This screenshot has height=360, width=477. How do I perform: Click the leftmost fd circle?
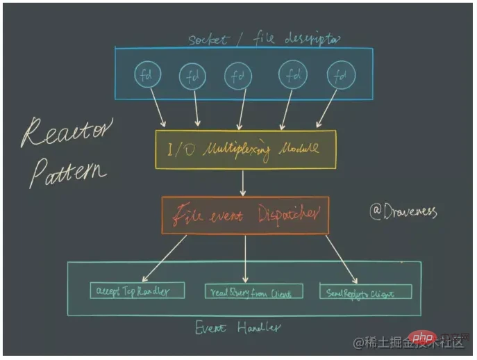(147, 76)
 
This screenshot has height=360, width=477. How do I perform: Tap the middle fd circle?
(237, 75)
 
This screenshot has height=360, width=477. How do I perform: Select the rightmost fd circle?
(340, 75)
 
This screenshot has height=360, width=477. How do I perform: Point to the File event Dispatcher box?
(244, 215)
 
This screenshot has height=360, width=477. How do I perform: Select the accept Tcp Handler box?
(137, 291)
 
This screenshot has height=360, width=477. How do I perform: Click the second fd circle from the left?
(192, 76)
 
